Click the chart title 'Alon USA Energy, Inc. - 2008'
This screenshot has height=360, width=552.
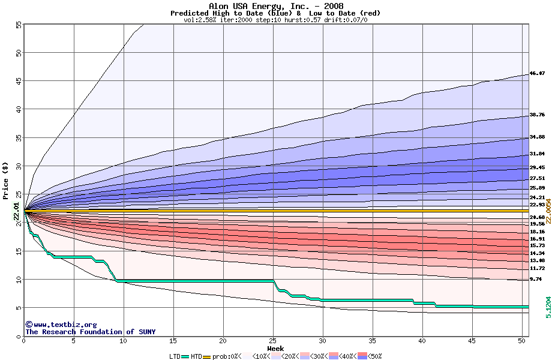tap(275, 5)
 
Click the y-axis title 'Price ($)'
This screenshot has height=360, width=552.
tap(6, 179)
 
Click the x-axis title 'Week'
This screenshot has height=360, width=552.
tap(275, 349)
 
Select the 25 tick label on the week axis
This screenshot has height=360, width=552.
tap(273, 341)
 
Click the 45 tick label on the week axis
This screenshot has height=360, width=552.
tap(472, 341)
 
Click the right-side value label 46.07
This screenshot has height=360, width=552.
tap(537, 74)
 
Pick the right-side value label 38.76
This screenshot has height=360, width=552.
tap(537, 115)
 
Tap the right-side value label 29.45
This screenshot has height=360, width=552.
tap(537, 167)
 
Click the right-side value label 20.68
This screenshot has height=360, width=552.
tap(537, 217)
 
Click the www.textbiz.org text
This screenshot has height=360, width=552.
tap(61, 325)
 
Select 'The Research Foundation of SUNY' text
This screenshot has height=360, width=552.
tap(90, 332)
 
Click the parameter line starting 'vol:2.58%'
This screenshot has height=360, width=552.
tap(275, 20)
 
